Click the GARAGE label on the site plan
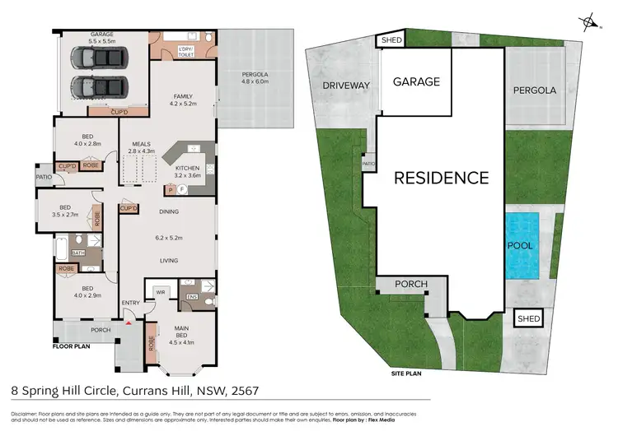pyautogui.click(x=416, y=81)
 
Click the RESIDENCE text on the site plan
pyautogui.click(x=441, y=177)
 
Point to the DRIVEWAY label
pyautogui.click(x=346, y=85)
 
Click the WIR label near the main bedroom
pyautogui.click(x=160, y=290)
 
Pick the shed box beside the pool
pyautogui.click(x=526, y=318)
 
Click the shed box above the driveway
pyautogui.click(x=388, y=40)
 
